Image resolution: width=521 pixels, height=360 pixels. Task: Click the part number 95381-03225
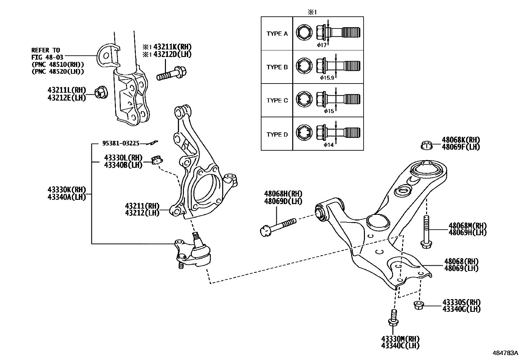point(121,143)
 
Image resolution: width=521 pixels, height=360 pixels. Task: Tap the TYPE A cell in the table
point(277,34)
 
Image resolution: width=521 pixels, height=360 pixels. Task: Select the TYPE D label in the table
point(277,134)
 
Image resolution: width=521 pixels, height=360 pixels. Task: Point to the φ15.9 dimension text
point(327,78)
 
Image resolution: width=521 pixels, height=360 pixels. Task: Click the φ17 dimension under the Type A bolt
point(322,45)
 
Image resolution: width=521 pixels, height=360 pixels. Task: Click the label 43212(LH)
point(142,213)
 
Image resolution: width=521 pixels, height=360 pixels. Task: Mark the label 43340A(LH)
point(66,197)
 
